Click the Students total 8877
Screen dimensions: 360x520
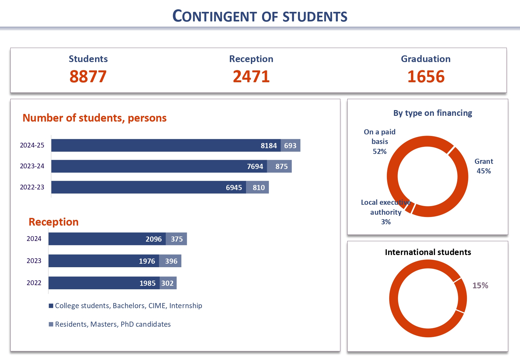88,76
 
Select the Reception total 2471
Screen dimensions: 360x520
251,76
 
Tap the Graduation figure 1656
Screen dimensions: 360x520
426,76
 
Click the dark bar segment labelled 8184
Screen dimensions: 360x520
166,145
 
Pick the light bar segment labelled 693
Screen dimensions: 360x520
291,145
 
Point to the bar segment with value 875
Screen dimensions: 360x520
279,166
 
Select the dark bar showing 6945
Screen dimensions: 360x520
148,187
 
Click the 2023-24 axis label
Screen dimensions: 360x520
32,166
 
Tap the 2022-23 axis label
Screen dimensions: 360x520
32,187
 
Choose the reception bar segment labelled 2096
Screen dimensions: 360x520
107,239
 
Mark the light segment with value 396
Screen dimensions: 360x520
170,261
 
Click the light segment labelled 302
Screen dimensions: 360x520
168,283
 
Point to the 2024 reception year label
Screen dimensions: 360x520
34,239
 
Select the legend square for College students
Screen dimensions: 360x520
51,306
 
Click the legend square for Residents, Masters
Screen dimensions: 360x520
51,324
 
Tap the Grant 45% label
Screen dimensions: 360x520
484,166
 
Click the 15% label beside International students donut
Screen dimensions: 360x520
480,285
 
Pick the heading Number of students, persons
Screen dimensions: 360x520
94,118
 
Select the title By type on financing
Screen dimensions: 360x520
433,113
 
